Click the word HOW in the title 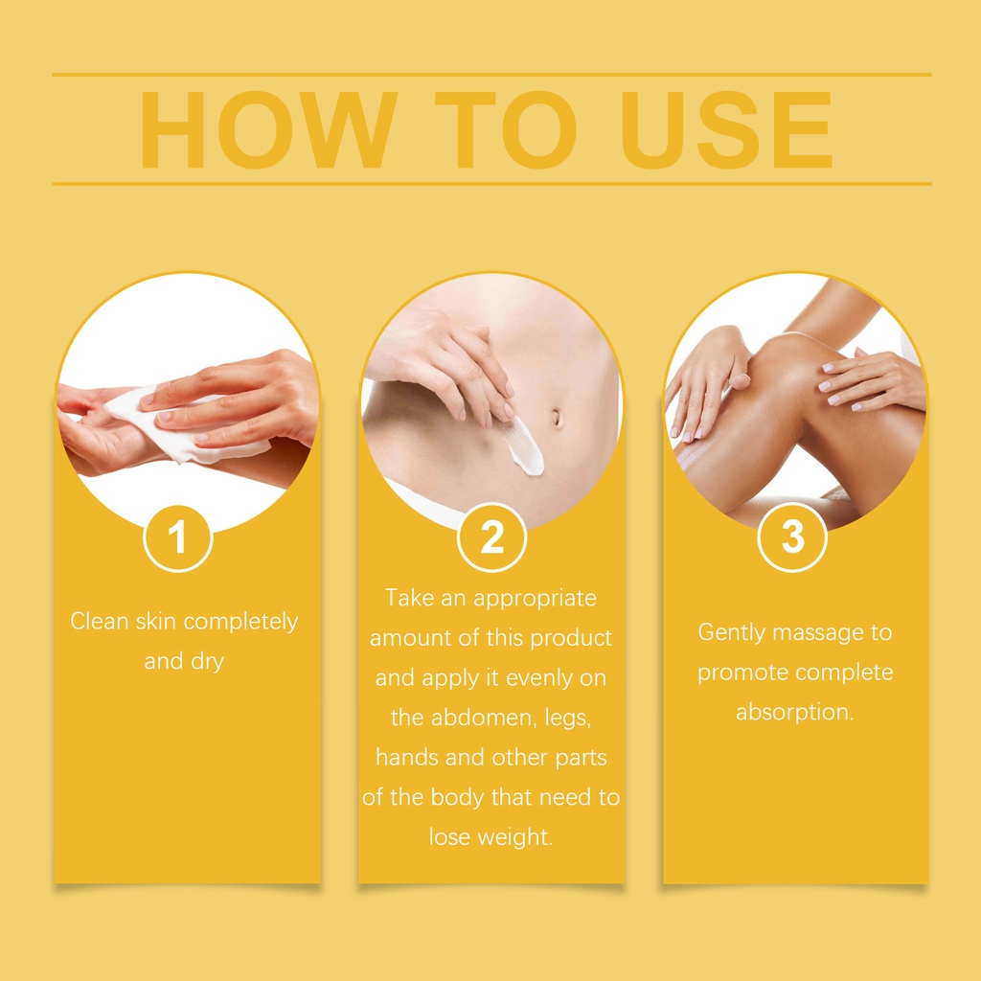point(269,129)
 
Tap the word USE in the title point(726,129)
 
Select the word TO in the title point(506,129)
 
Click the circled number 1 point(177,537)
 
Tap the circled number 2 point(491,537)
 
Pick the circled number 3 point(792,537)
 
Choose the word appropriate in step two point(535,599)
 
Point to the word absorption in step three point(794,712)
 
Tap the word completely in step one point(240,621)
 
